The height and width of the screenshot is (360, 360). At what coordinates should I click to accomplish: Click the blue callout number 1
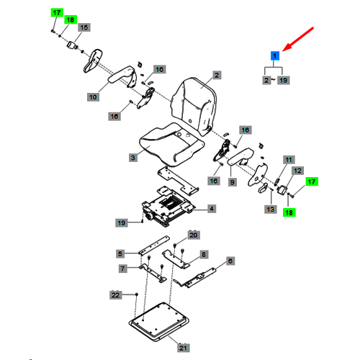[275, 56]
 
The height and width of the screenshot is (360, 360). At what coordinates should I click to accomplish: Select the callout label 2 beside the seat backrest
[217, 75]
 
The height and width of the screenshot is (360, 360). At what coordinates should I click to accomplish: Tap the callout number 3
[133, 158]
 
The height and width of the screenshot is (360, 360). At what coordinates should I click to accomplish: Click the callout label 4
[212, 209]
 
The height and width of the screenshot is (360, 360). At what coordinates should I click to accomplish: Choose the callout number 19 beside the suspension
[122, 222]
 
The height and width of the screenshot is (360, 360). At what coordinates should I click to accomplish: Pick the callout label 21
[184, 348]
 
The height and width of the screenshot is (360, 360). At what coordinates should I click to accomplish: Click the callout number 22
[116, 295]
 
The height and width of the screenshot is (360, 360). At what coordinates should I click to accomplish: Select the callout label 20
[194, 235]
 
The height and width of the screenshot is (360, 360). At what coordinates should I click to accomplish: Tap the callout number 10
[93, 97]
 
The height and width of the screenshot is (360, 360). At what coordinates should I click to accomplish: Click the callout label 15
[84, 27]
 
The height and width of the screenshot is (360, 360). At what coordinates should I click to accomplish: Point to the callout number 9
[232, 182]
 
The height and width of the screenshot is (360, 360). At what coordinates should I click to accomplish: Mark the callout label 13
[271, 210]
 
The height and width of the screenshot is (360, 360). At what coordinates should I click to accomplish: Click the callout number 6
[230, 261]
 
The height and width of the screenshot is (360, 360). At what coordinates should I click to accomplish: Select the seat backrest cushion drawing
[194, 106]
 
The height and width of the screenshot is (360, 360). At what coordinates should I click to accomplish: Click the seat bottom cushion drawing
[171, 145]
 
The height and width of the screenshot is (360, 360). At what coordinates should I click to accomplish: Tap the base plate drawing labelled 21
[159, 322]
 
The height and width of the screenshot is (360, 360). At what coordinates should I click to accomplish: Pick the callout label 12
[297, 171]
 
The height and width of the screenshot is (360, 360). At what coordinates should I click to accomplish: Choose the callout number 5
[120, 253]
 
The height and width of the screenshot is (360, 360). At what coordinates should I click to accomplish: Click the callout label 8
[204, 254]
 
